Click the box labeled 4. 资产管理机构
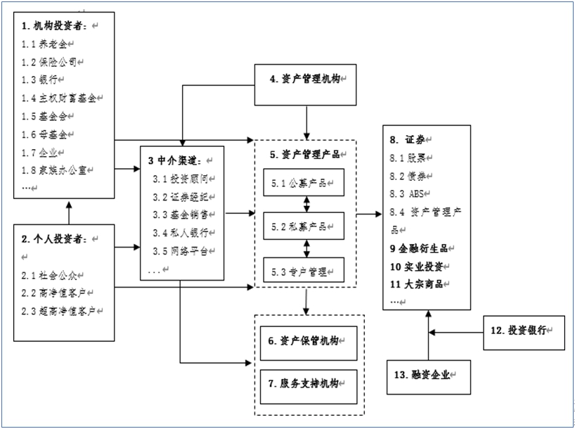305,85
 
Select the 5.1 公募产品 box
304,182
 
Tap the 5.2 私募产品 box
304,226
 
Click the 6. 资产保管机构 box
309,343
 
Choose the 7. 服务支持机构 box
309,387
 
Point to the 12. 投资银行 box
524,333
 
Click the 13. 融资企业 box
429,377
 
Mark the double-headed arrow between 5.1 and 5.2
306,205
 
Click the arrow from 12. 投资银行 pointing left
456,333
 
